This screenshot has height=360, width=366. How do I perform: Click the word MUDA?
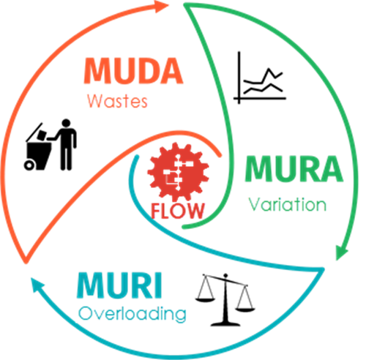pos(133,71)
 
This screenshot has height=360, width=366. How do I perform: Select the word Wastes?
pos(117,101)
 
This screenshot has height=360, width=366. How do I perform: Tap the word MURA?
pos(294,169)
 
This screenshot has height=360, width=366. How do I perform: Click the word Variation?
pos(287,204)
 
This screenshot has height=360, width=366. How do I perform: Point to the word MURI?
pos(119,285)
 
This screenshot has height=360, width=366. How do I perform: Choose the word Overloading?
pos(132,314)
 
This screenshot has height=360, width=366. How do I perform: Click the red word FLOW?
pos(177,211)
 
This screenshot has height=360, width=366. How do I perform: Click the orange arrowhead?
pos(161,6)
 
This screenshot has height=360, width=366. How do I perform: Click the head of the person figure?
pos(66,123)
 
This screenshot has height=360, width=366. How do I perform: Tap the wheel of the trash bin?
pos(29,165)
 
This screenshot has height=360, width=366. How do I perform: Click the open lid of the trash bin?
pos(34,132)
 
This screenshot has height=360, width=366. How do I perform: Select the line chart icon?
pos(260,78)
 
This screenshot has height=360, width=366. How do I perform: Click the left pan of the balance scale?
pos(205,299)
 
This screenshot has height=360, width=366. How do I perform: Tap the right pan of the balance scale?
pos(245,310)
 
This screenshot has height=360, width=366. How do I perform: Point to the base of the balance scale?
pos(225,324)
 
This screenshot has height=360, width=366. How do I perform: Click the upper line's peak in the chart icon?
pos(269,69)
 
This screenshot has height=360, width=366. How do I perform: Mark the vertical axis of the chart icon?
pos(239,78)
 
